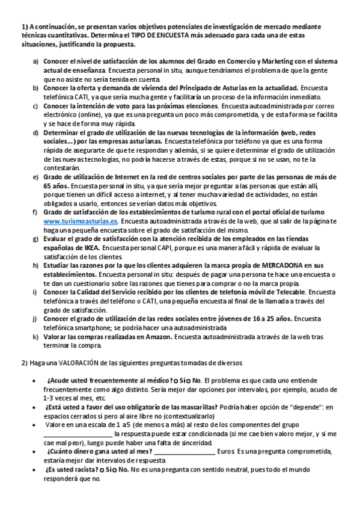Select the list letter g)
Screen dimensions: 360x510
coord(35,239)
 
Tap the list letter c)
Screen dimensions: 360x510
coord(35,106)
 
